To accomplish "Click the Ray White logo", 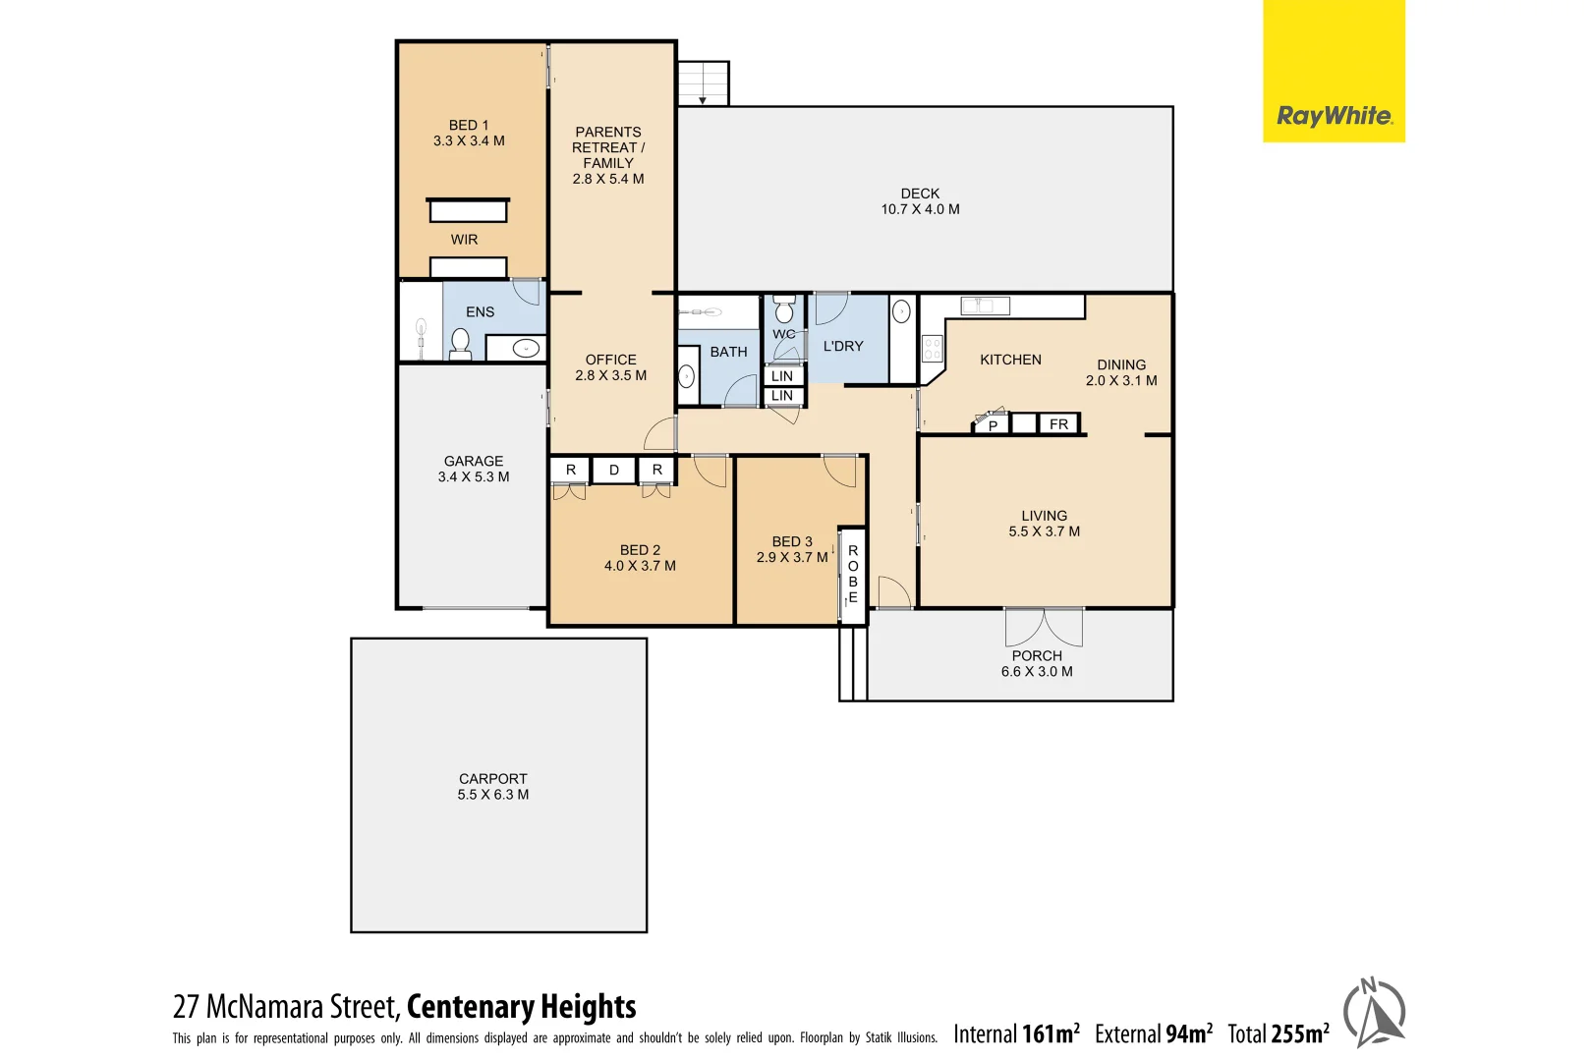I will point(1333,116).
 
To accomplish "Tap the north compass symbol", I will point(1374,1012).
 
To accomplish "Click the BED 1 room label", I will point(469,133).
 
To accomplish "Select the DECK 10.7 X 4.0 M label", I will point(920,201).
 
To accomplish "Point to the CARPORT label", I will point(492,786).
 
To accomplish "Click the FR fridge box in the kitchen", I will point(1058,424).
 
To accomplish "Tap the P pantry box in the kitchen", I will point(993,425).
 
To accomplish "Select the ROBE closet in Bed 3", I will point(852,574).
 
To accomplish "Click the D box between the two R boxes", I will point(614,471).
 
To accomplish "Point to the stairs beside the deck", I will point(704,84).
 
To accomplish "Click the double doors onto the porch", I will point(1044,626).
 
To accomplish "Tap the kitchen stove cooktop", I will point(932,348).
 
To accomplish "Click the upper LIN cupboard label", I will point(782,375).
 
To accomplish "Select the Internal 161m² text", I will point(1016,1033).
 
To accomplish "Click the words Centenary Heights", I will point(521,1007).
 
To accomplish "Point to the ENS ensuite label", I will point(480,312).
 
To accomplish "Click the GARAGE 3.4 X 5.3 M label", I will point(474,469).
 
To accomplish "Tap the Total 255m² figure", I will point(1278,1033).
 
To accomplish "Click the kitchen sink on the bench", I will point(985,306).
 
